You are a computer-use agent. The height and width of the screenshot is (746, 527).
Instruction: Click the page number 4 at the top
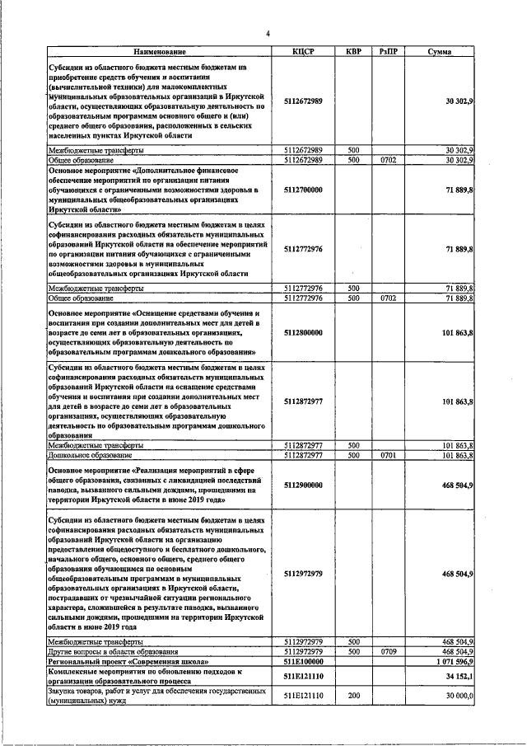point(268,34)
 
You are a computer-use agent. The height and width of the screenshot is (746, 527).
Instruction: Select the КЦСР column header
point(302,51)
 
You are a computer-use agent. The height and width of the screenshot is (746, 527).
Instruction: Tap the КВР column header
point(352,51)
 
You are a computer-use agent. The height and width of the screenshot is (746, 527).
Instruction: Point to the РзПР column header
point(389,51)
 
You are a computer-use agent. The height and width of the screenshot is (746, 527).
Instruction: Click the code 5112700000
point(302,190)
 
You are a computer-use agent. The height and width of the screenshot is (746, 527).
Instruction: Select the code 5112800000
point(302,334)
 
